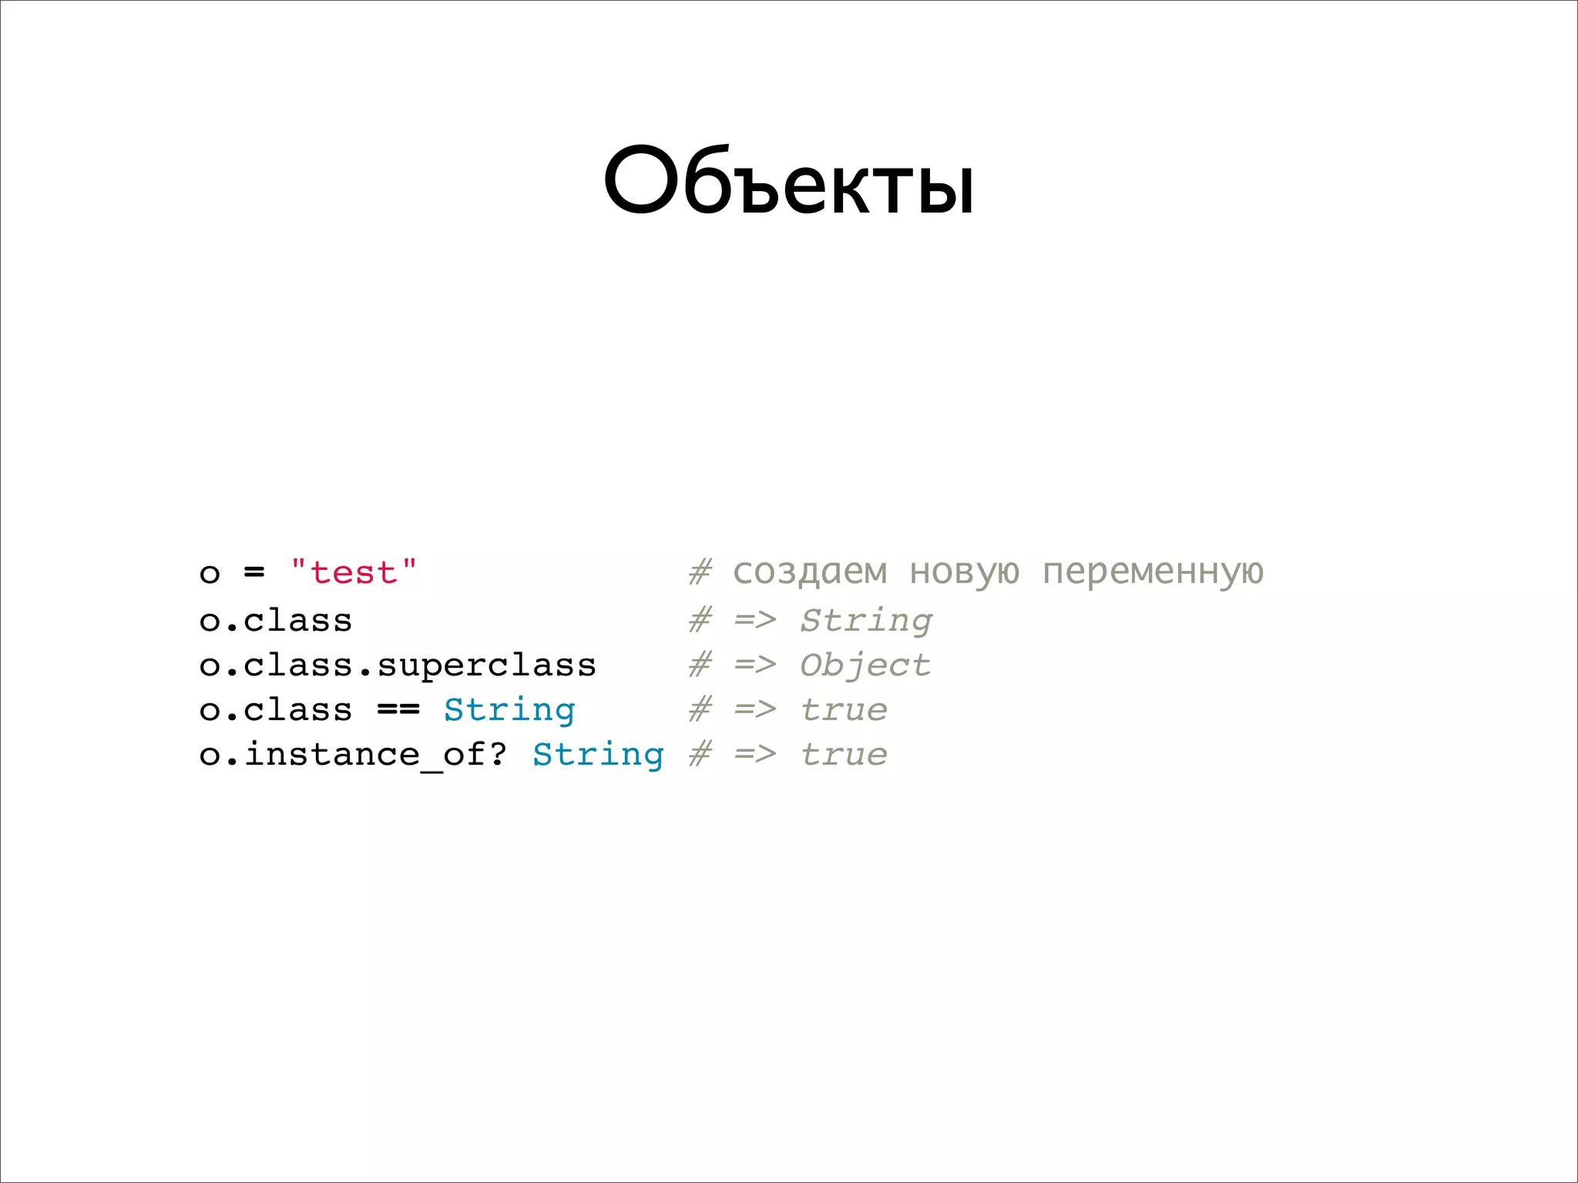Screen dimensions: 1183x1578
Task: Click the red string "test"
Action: [354, 572]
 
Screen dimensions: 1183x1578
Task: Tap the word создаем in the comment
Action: [810, 572]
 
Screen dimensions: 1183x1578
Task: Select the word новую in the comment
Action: [964, 572]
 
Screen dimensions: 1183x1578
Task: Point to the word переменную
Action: [1153, 572]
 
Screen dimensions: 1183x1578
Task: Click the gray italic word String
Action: [866, 621]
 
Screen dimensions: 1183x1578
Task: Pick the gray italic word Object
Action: [865, 665]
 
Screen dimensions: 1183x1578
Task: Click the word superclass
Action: [486, 665]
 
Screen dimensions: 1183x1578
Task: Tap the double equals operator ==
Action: [398, 710]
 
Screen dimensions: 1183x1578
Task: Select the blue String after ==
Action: [509, 710]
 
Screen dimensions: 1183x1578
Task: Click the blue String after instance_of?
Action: [598, 755]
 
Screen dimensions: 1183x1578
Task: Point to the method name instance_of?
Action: [376, 755]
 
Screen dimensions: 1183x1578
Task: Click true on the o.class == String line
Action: [844, 710]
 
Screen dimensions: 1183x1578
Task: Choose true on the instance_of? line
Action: [844, 755]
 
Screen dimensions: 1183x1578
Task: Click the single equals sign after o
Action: [254, 572]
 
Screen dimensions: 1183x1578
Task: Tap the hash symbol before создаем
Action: [700, 572]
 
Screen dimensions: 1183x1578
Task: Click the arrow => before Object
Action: [755, 665]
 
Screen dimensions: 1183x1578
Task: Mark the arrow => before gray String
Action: [755, 621]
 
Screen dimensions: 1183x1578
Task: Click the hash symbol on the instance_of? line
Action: [700, 755]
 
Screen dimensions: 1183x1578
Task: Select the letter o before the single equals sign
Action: [210, 574]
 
